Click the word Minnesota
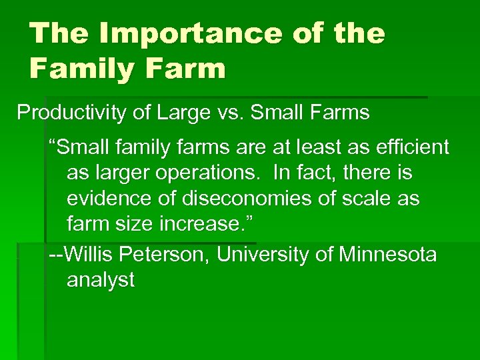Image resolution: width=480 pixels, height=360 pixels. [x=387, y=254]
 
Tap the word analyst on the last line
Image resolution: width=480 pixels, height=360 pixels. [x=101, y=281]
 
